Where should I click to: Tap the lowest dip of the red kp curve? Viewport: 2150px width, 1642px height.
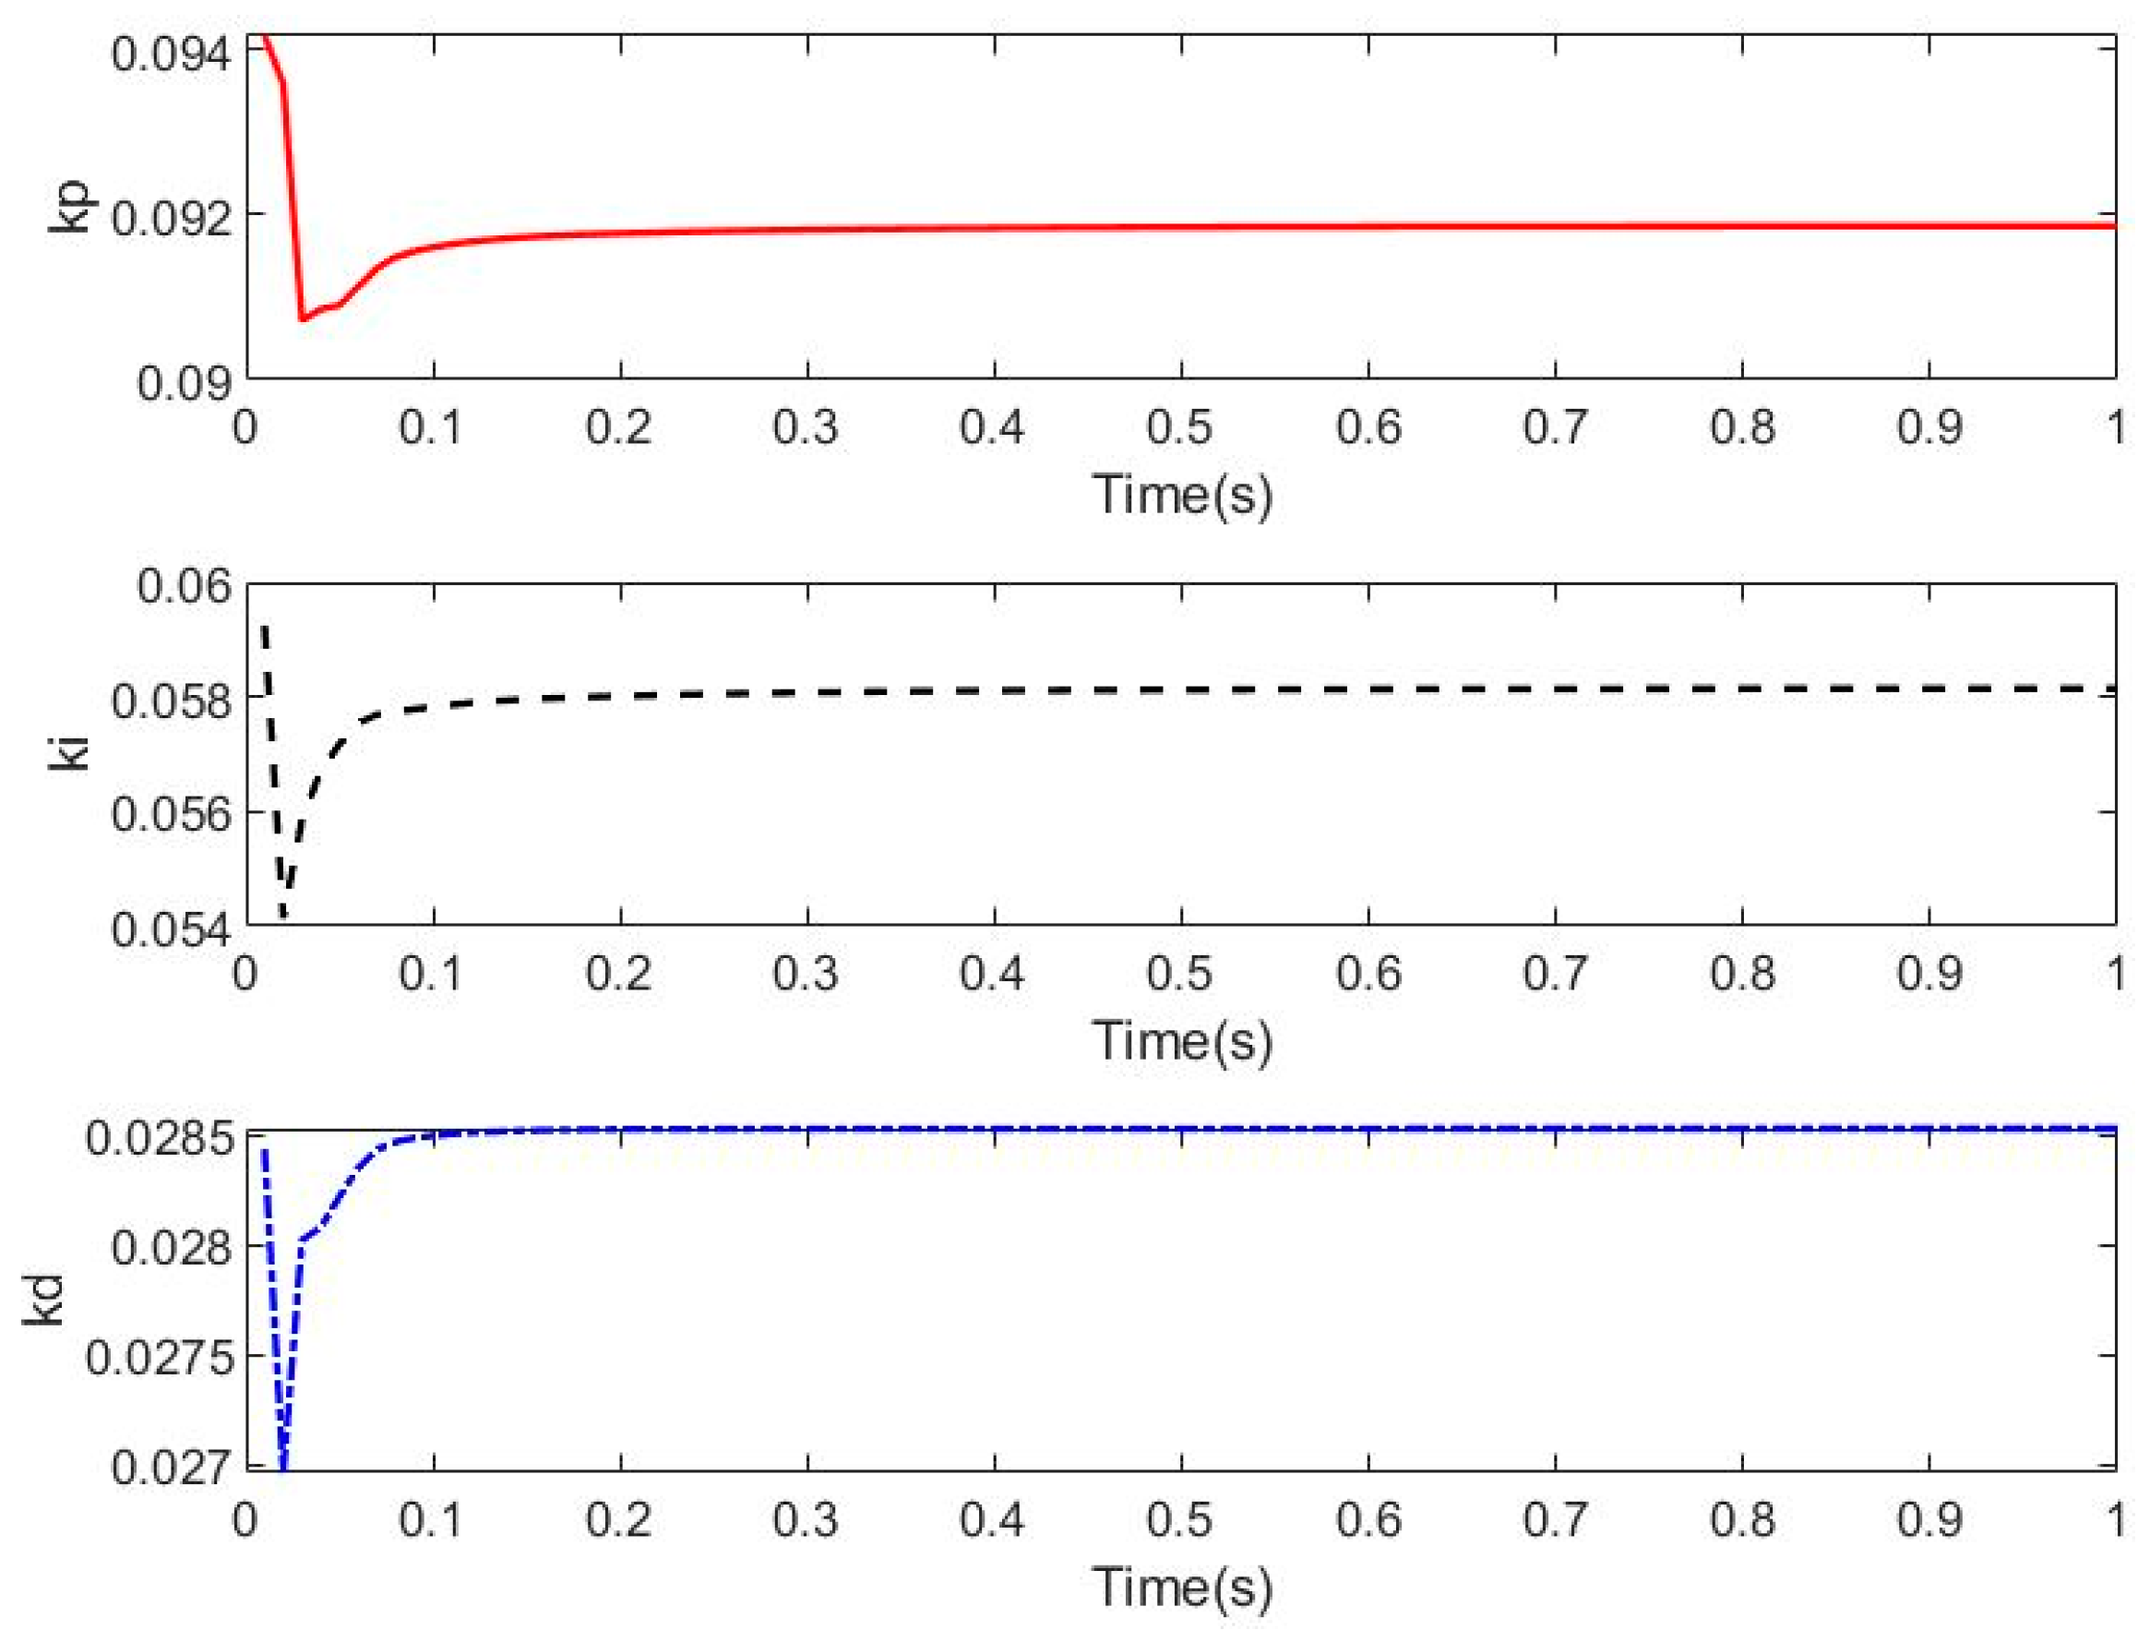pos(303,318)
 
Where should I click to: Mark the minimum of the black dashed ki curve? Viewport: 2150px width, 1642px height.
pos(284,915)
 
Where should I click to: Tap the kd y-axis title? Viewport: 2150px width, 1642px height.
pos(45,1300)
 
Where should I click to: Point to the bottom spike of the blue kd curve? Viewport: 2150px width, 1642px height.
pos(284,1466)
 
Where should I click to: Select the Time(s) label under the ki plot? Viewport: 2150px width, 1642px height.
pos(1181,1040)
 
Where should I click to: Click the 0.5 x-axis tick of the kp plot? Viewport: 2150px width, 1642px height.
pos(1179,428)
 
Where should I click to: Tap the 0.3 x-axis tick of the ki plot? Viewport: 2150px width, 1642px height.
pos(806,974)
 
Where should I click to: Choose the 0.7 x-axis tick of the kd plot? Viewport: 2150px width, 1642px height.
pos(1554,1520)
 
